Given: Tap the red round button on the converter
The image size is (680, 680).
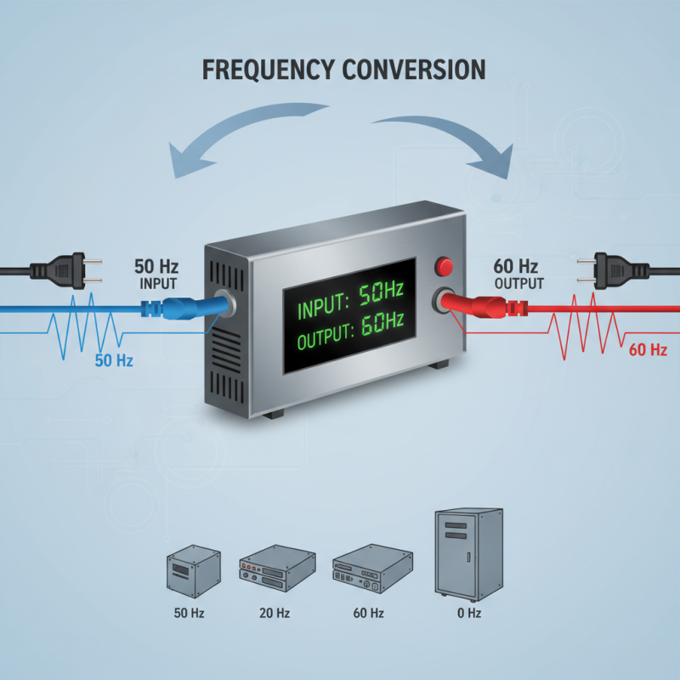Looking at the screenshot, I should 444,267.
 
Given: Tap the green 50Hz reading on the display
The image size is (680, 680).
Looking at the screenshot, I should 380,296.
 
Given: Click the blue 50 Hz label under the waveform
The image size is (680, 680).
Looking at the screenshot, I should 115,360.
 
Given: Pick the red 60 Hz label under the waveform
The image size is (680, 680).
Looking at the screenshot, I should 648,349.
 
